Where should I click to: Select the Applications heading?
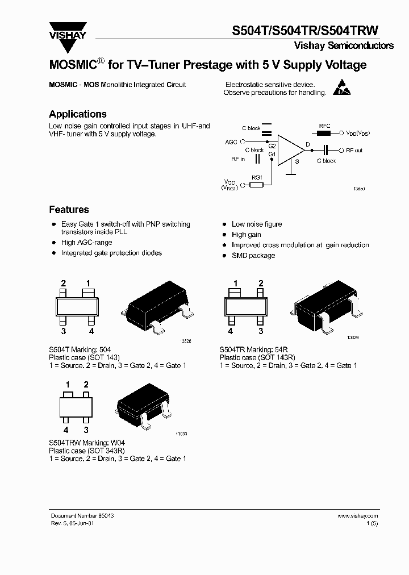pyautogui.click(x=78, y=114)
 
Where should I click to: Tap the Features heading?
pyautogui.click(x=69, y=210)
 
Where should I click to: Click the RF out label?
pyautogui.click(x=354, y=151)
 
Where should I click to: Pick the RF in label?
pyautogui.click(x=237, y=159)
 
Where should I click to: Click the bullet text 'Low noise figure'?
pyautogui.click(x=257, y=224)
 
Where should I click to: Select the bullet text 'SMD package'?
pyautogui.click(x=253, y=256)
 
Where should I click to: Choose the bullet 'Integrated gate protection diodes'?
pyautogui.click(x=111, y=253)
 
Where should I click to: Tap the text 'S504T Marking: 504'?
pyautogui.click(x=80, y=349)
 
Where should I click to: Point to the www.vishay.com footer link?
pyautogui.click(x=357, y=516)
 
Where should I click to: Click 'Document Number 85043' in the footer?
pyautogui.click(x=82, y=516)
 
